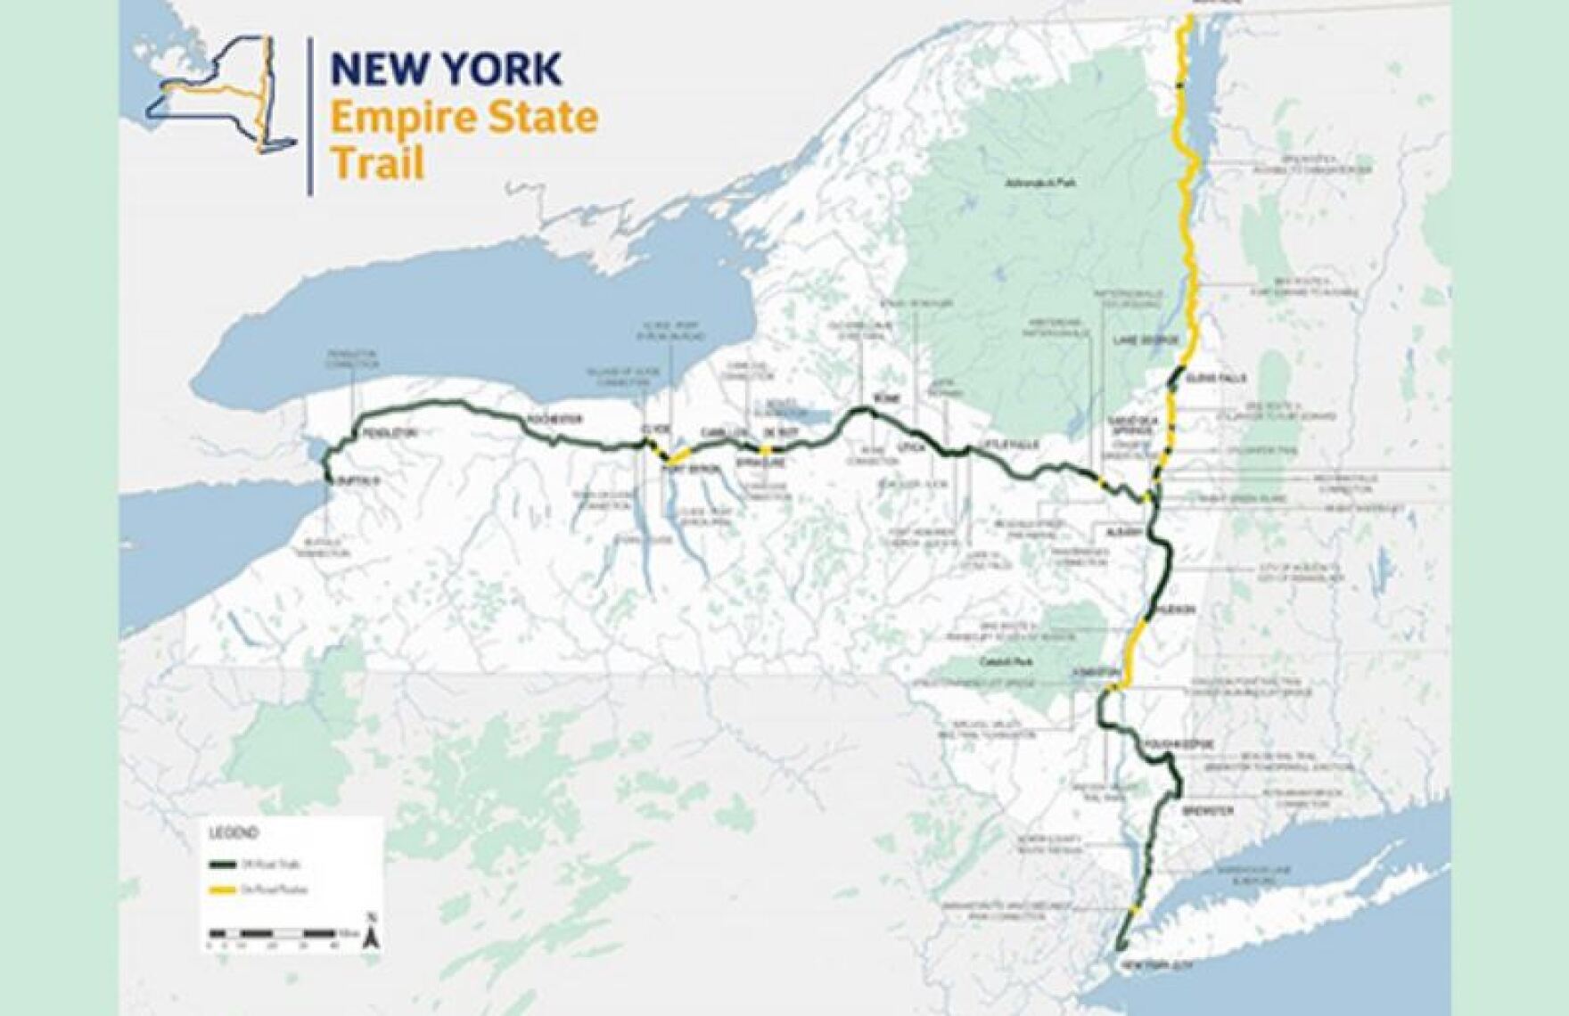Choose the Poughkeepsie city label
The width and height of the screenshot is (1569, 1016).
click(x=1162, y=742)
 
